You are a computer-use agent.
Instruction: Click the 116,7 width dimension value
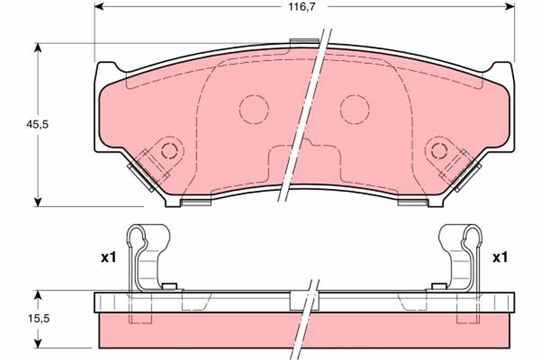click(301, 7)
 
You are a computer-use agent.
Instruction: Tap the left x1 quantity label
click(108, 258)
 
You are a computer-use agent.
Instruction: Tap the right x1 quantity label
click(500, 258)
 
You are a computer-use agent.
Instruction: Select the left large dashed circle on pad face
click(254, 109)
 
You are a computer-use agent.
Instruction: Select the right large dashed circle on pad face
click(355, 109)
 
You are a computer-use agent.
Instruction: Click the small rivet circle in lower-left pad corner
click(169, 150)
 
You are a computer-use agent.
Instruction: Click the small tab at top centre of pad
click(304, 42)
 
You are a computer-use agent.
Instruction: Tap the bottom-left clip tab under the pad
click(196, 202)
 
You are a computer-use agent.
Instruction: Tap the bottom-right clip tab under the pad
click(412, 202)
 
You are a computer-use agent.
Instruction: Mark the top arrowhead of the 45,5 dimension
click(38, 47)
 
